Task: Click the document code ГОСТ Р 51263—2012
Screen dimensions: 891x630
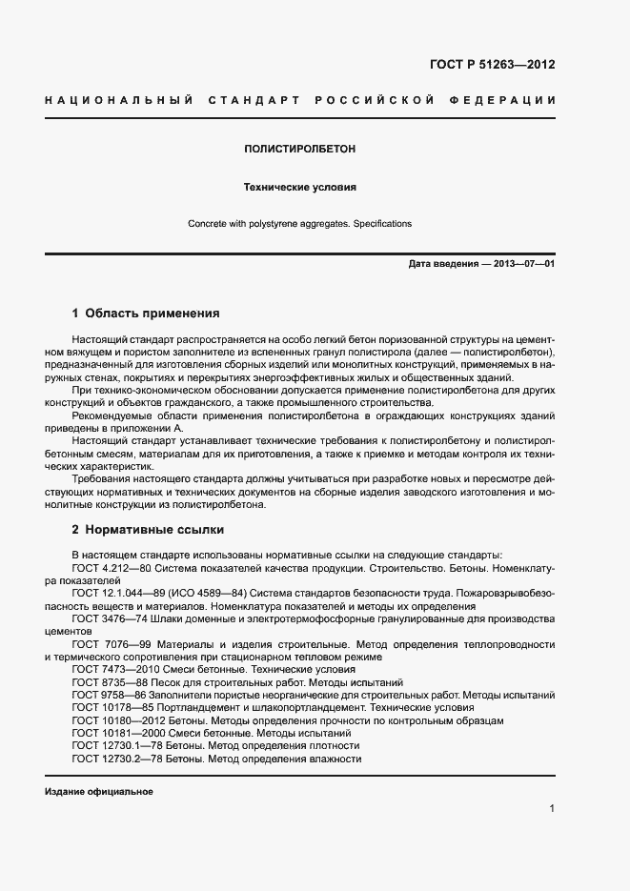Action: coord(492,65)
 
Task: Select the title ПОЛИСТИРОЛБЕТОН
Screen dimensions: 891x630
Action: coord(299,150)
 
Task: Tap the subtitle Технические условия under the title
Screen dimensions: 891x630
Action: coord(299,188)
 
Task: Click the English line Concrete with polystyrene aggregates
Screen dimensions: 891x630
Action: coord(299,224)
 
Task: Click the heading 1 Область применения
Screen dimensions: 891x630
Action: coord(146,313)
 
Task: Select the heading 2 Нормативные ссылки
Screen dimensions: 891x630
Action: coord(148,529)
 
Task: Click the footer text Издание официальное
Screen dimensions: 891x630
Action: coord(99,792)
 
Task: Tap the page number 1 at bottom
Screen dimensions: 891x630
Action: coord(552,809)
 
